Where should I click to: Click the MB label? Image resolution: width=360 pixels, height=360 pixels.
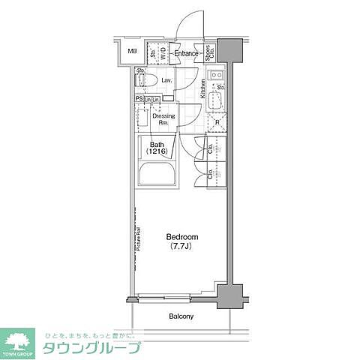[132, 51]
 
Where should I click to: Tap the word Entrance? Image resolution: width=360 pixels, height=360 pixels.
[187, 53]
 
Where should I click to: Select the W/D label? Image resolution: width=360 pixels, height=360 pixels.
[163, 52]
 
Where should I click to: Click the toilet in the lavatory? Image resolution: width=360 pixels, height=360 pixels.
[147, 79]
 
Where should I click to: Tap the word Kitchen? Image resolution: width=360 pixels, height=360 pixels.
[203, 88]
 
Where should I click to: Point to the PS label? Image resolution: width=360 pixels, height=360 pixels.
[139, 98]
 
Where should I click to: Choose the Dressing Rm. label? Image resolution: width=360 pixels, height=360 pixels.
[163, 119]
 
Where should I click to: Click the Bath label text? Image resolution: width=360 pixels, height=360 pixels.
[157, 145]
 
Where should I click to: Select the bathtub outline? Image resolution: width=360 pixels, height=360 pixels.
[157, 178]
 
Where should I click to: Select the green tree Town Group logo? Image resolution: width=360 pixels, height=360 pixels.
[19, 341]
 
